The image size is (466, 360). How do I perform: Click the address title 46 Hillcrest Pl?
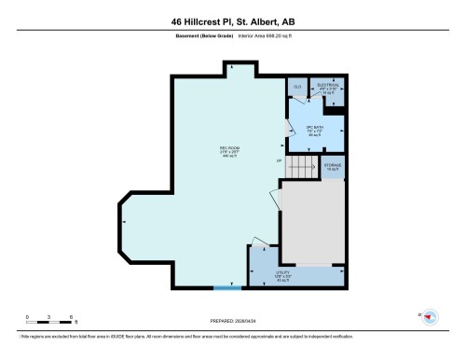point(233,22)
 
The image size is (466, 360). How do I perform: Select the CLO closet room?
point(297,88)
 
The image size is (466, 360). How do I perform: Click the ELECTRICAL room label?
point(327,89)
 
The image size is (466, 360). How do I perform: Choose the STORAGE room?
point(333,167)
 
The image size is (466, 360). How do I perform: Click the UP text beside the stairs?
point(279,161)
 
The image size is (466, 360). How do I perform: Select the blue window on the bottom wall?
point(226,288)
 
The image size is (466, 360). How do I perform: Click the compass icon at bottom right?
point(430,317)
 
